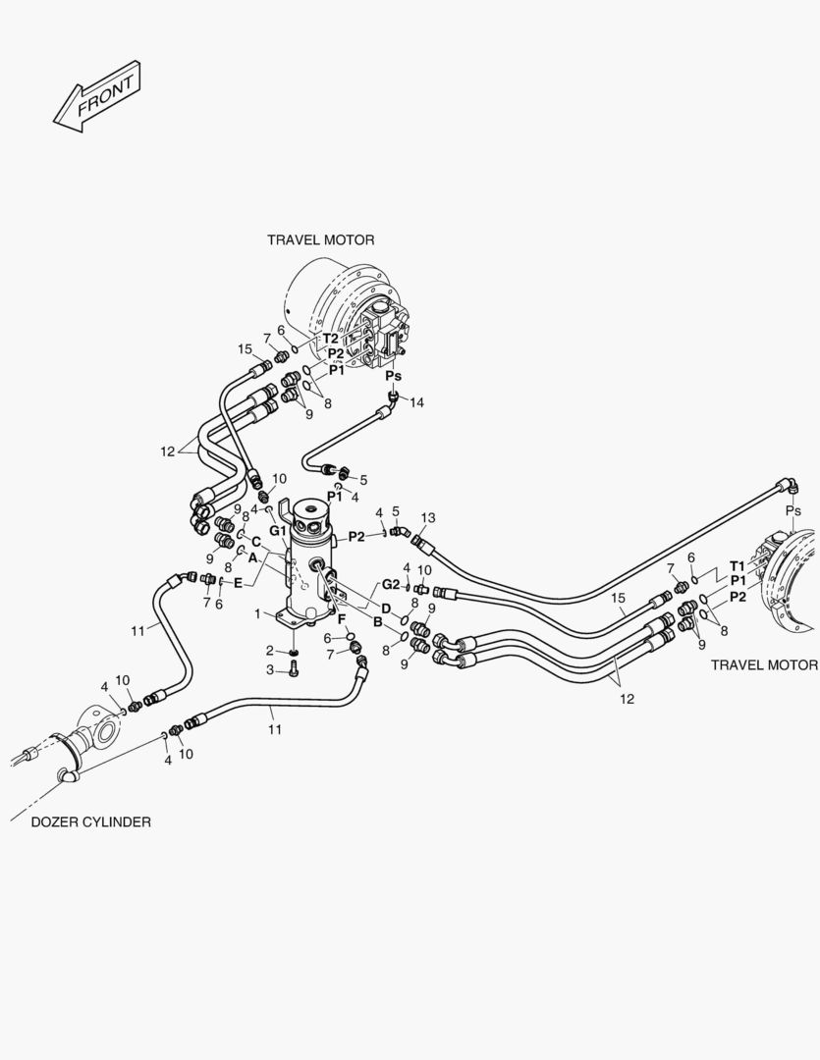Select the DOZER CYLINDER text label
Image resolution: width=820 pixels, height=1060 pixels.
(90, 822)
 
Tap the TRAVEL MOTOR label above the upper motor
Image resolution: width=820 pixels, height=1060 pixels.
(321, 240)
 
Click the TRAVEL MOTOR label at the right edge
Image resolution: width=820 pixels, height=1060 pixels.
(764, 665)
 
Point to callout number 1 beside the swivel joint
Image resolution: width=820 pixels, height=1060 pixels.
(257, 613)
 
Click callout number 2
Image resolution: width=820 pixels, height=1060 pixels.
(269, 651)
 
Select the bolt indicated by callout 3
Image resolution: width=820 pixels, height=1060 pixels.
(294, 668)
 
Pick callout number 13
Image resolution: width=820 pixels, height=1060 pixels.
(427, 518)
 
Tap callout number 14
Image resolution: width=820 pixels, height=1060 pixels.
(416, 403)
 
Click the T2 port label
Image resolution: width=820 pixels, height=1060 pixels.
(330, 339)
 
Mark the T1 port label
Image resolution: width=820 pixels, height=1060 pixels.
(737, 566)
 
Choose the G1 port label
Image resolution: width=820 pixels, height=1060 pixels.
(278, 531)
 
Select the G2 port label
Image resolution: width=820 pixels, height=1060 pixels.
(391, 584)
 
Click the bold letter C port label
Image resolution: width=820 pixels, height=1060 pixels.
(255, 542)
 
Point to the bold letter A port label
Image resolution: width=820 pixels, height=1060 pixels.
(252, 558)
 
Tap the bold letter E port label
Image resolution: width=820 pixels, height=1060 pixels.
(238, 583)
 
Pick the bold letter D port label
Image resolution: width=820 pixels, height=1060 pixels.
(386, 609)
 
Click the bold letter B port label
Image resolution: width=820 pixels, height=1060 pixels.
(377, 622)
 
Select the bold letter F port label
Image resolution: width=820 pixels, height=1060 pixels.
(342, 619)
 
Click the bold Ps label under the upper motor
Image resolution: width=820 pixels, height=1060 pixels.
(393, 376)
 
